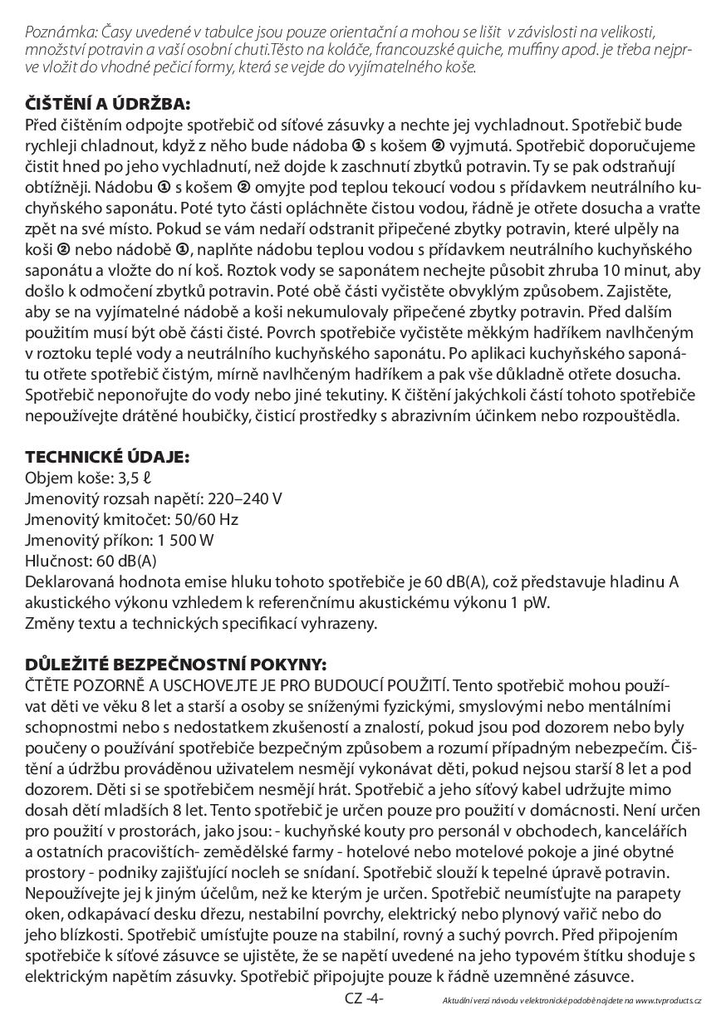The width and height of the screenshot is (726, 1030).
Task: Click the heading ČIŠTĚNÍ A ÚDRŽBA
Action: (108, 105)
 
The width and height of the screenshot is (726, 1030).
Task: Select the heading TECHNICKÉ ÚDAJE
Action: (107, 457)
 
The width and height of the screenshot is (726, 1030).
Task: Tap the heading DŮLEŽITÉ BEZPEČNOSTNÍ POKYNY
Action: (176, 665)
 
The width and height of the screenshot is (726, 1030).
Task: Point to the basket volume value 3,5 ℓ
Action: (138, 478)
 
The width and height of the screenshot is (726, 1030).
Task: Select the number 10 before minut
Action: (613, 271)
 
